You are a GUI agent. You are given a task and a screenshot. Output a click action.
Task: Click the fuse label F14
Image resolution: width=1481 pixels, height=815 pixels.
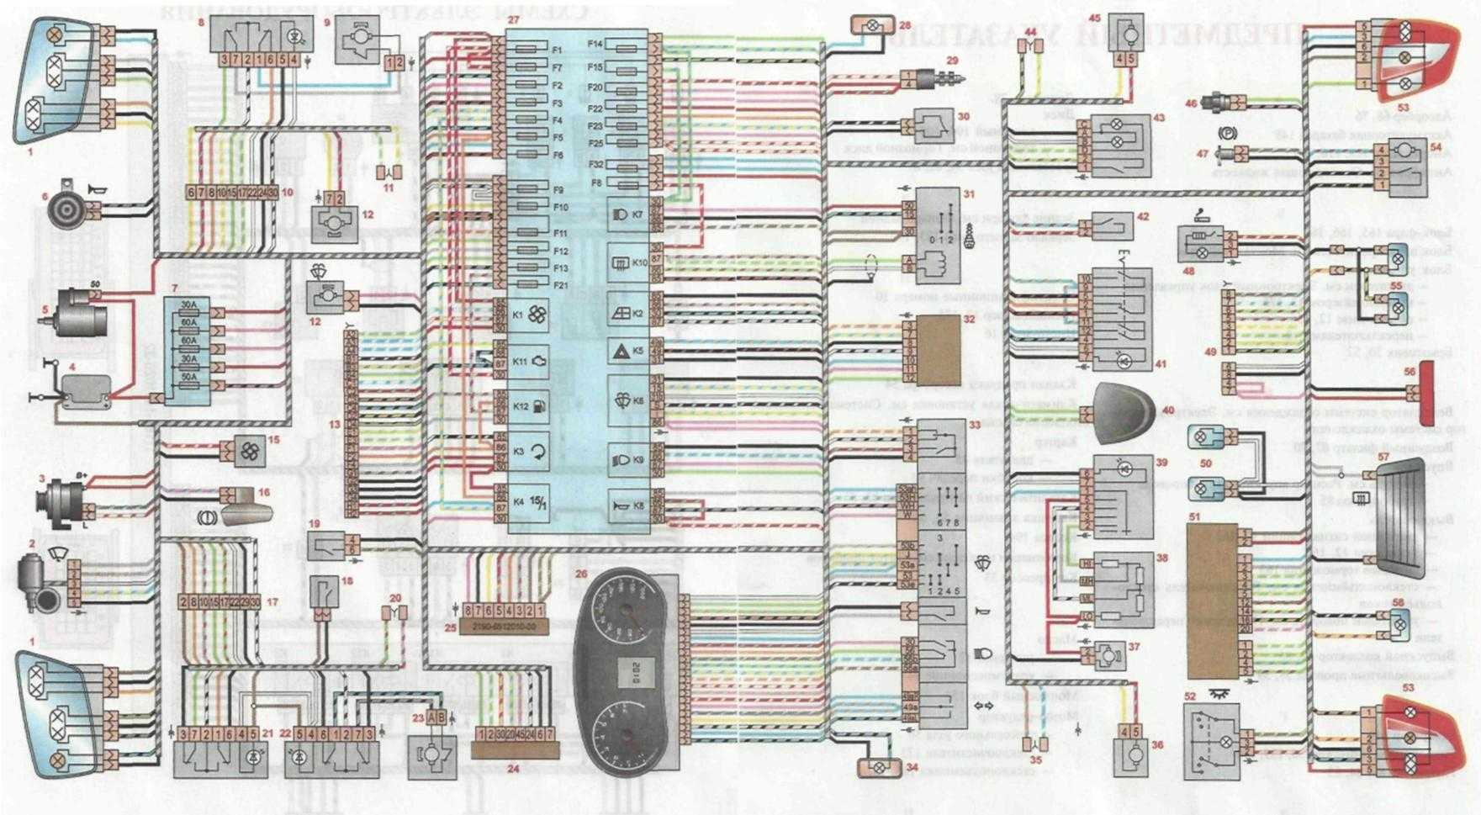point(595,44)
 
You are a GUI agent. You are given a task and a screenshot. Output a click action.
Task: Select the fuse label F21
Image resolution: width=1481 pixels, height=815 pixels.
point(561,286)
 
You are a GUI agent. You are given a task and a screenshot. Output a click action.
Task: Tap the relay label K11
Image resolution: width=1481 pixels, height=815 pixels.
point(519,361)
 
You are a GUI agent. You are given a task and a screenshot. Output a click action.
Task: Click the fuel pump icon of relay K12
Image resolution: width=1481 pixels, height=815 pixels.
point(538,407)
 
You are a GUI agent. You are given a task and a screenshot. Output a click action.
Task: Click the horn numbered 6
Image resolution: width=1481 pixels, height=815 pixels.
point(66,204)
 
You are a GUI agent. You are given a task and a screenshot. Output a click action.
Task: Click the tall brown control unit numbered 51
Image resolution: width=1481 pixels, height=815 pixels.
point(1210,601)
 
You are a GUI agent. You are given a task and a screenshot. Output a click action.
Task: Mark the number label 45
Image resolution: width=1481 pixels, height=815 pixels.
point(1118,18)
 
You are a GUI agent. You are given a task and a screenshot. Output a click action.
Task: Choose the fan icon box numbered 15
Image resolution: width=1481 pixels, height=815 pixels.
point(251,452)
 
